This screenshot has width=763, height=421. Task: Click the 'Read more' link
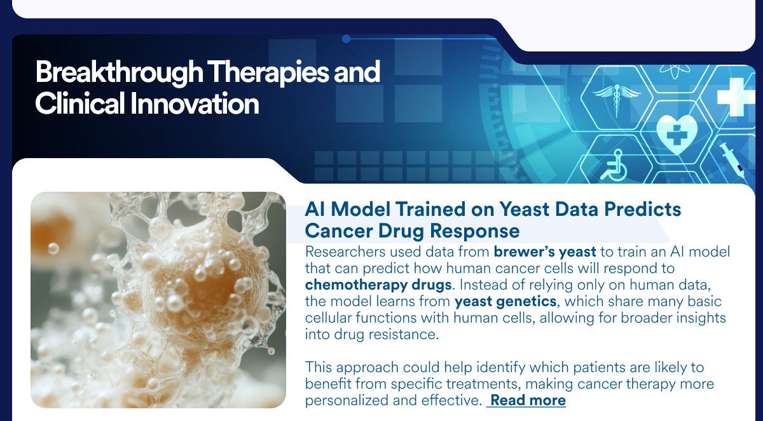point(528,400)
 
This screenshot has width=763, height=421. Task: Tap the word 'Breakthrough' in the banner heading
point(120,73)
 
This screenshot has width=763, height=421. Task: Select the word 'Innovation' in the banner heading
point(195,104)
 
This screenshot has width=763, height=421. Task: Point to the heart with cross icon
point(677,133)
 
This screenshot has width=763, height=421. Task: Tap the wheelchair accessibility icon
point(614,166)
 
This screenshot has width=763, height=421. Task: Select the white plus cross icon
point(735,97)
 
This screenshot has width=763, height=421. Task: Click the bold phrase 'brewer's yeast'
point(545,252)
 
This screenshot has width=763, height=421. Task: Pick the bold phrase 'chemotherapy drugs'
point(378,284)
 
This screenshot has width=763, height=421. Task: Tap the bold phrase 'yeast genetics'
point(505,301)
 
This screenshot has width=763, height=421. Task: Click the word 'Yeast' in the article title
point(525,209)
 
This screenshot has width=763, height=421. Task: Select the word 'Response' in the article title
point(475,231)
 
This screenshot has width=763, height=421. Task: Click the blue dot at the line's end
point(346,39)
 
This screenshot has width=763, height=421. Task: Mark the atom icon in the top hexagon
point(675,70)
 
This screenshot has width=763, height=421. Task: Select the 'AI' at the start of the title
point(315,209)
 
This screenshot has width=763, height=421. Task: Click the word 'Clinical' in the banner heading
point(79,104)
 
